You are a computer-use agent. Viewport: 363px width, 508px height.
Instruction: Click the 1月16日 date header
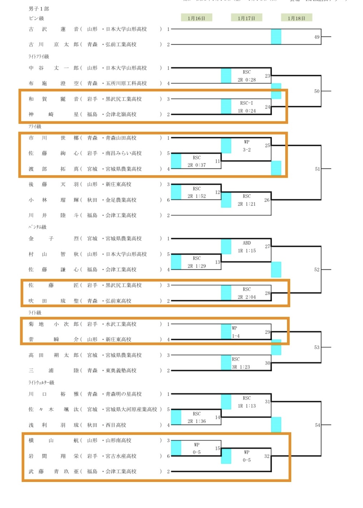(196, 18)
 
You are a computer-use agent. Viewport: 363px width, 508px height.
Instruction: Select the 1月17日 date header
(246, 18)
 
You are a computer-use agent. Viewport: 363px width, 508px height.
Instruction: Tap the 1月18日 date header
(296, 18)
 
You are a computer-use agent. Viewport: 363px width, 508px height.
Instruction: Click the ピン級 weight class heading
(36, 18)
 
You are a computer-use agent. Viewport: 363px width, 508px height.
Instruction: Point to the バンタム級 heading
(37, 227)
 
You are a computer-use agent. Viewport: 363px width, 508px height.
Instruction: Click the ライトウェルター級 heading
(41, 382)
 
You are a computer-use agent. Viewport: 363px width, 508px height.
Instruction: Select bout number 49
(317, 37)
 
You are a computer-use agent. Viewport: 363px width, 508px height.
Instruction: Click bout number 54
(317, 425)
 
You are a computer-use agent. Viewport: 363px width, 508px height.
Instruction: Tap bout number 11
(217, 161)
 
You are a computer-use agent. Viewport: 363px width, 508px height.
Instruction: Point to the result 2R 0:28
(247, 80)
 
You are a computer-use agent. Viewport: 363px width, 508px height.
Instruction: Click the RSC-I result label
(247, 103)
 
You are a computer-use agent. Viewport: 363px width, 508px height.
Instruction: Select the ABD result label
(247, 243)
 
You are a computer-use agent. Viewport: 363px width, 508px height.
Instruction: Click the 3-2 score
(247, 150)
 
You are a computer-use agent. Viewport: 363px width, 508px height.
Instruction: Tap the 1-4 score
(236, 336)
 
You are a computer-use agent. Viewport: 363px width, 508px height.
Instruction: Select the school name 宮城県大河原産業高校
(131, 409)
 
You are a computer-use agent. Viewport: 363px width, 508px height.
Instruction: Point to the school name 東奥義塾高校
(121, 371)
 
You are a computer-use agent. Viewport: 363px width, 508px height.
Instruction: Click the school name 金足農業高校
(121, 200)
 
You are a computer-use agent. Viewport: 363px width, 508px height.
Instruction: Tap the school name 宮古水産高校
(121, 456)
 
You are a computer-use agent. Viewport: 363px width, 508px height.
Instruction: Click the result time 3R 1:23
(241, 367)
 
